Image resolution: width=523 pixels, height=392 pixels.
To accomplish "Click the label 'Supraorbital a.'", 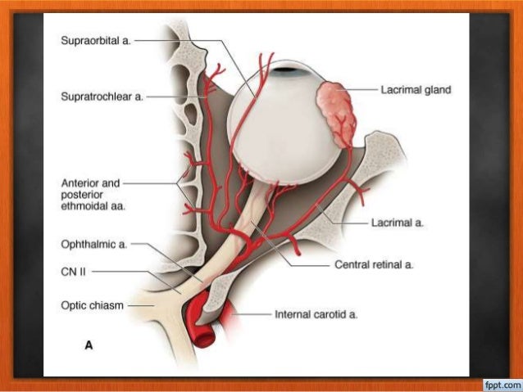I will (x=95, y=38).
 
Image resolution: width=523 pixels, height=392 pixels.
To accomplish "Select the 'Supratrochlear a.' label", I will (x=101, y=97).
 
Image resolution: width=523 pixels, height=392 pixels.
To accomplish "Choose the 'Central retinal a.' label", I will (x=373, y=265).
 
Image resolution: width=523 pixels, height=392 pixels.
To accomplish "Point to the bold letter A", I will (x=89, y=345).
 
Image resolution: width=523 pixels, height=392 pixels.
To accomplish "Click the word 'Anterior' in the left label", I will (x=80, y=183).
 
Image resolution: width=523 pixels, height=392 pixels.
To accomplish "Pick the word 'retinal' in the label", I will (x=380, y=265).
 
